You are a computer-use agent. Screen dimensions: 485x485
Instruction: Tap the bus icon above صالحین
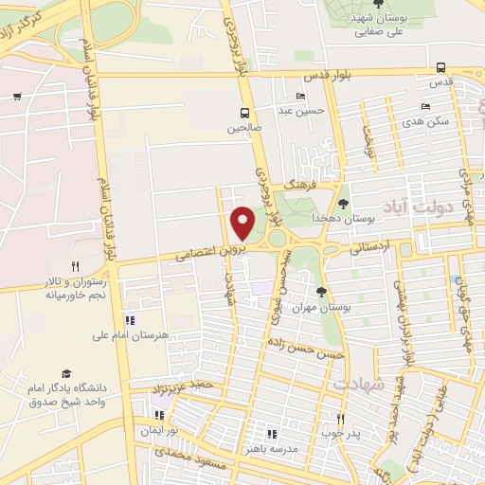[x=245, y=112]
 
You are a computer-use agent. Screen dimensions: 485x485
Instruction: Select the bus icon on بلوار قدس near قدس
[x=440, y=67]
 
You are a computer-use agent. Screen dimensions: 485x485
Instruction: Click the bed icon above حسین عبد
[x=301, y=97]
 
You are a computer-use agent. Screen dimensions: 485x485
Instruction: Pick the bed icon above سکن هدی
[x=425, y=106]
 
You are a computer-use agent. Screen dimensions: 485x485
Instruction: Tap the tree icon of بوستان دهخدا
[x=343, y=202]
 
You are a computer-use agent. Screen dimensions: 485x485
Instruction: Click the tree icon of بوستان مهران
[x=321, y=292]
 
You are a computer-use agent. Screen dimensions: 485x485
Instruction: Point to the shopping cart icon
[x=18, y=96]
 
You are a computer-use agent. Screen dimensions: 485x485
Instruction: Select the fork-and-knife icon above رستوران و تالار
[x=75, y=266]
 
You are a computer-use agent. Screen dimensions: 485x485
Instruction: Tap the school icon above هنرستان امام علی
[x=130, y=319]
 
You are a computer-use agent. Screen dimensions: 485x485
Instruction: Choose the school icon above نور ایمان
[x=157, y=414]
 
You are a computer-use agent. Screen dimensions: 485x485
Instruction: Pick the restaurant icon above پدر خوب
[x=341, y=418]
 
